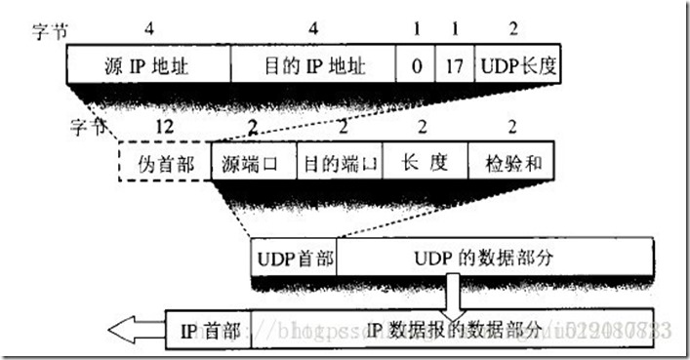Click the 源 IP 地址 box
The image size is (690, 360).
pos(148,65)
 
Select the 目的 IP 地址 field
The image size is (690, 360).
pos(314,65)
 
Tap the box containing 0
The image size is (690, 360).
pos(416,65)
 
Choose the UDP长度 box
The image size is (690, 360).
pos(518,65)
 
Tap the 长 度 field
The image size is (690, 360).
pos(426,161)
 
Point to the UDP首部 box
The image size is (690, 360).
pos(294,259)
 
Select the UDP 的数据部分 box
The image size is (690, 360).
pos(494,259)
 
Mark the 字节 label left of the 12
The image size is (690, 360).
pos(85,127)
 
